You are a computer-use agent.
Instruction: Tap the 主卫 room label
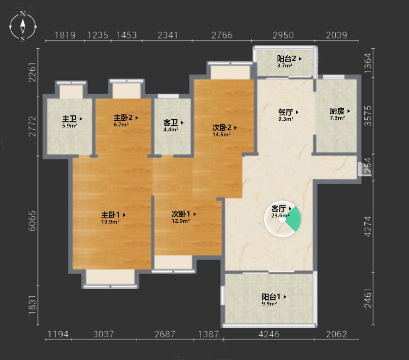69,119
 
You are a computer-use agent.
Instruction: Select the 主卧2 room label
123,118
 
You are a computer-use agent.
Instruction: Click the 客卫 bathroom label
171,122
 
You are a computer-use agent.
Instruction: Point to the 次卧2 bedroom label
222,128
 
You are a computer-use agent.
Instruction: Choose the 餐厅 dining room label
286,112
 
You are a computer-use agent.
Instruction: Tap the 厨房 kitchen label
337,111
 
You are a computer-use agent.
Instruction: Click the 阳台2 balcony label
286,59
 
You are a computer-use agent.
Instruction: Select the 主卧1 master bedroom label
110,215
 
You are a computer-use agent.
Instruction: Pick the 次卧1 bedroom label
181,214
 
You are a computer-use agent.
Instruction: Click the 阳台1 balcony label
271,297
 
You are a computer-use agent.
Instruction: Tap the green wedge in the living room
293,219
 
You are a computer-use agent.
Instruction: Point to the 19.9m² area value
110,222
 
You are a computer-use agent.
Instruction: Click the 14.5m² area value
222,134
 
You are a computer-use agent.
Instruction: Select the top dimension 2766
222,35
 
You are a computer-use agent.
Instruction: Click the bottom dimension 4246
269,334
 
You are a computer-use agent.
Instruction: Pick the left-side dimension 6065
32,221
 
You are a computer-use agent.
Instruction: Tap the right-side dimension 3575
367,116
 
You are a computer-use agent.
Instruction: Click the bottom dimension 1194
58,334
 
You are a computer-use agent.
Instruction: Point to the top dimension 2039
336,35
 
